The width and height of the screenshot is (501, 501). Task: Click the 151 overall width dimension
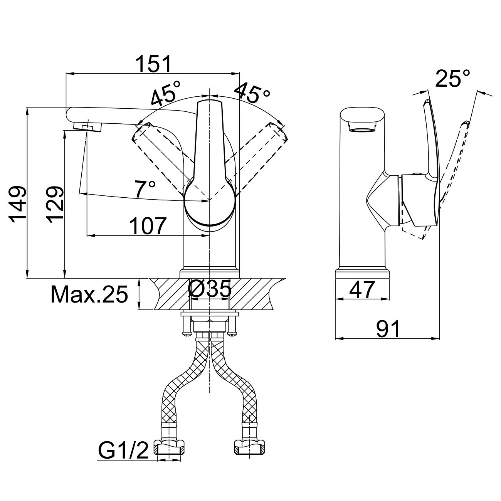153,64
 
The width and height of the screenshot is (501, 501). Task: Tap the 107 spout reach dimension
148,226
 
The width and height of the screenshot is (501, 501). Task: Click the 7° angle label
145,189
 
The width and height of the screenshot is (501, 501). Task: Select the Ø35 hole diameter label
210,289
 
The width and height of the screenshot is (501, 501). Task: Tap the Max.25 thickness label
89,295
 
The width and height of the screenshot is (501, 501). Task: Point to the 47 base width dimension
362,289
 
